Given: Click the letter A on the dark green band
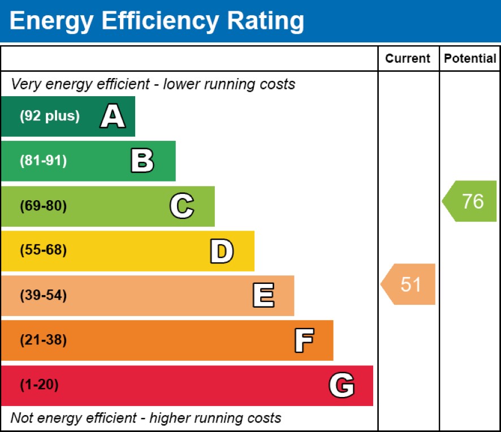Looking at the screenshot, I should pyautogui.click(x=113, y=116).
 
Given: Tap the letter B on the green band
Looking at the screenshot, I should pyautogui.click(x=142, y=161).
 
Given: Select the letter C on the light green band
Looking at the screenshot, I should pyautogui.click(x=182, y=206).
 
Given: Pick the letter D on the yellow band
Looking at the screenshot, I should pyautogui.click(x=222, y=251).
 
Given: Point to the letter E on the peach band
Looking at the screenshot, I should pyautogui.click(x=263, y=296).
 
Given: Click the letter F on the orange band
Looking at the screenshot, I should pyautogui.click(x=304, y=340).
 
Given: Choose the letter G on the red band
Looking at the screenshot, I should pyautogui.click(x=342, y=386).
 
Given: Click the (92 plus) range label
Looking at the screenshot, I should pyautogui.click(x=50, y=116).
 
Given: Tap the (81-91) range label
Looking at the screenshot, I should pyautogui.click(x=43, y=161).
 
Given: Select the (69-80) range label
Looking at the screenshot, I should pyautogui.click(x=43, y=206).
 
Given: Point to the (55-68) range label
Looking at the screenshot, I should pyautogui.click(x=43, y=251).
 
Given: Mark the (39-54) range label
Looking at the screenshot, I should pyautogui.click(x=43, y=296).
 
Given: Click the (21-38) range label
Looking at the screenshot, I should pyautogui.click(x=43, y=340).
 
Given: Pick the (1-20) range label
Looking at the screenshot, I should pyautogui.click(x=39, y=386).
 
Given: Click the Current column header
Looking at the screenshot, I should pyautogui.click(x=408, y=58).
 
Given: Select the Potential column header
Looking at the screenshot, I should pyautogui.click(x=470, y=58).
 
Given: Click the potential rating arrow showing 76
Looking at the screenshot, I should pyautogui.click(x=470, y=201).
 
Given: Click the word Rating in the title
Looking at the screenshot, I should pyautogui.click(x=265, y=21).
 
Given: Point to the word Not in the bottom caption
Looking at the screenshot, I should pyautogui.click(x=21, y=418).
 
